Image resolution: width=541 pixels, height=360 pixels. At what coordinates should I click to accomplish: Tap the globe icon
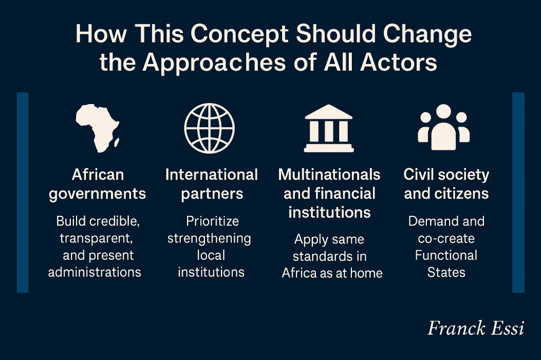pos(209,128)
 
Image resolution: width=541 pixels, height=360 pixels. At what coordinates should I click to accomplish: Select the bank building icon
pos(329,128)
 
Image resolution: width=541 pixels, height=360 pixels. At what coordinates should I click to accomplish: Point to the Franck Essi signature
pos(476,328)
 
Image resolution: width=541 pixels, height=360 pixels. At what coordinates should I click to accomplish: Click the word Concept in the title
pos(239,34)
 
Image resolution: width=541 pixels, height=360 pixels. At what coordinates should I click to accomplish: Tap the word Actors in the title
pos(398,62)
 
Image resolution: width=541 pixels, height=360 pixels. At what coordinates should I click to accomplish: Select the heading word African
pos(98,175)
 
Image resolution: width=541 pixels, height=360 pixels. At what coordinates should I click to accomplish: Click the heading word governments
pos(97,194)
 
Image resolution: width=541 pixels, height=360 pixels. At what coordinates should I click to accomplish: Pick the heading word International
pos(211,175)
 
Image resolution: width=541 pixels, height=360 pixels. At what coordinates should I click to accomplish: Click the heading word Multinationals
pos(329,175)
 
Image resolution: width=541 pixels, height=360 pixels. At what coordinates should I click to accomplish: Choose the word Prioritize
pos(212,221)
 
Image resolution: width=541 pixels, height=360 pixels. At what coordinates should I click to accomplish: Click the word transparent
pos(96,239)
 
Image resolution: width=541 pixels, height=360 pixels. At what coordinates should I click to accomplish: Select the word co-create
pos(446,238)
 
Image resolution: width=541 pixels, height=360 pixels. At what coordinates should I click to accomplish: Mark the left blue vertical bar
pos(22,193)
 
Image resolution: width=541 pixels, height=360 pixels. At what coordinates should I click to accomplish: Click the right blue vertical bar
pos(518,193)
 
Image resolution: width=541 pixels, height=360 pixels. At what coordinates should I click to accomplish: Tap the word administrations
pos(95,272)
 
